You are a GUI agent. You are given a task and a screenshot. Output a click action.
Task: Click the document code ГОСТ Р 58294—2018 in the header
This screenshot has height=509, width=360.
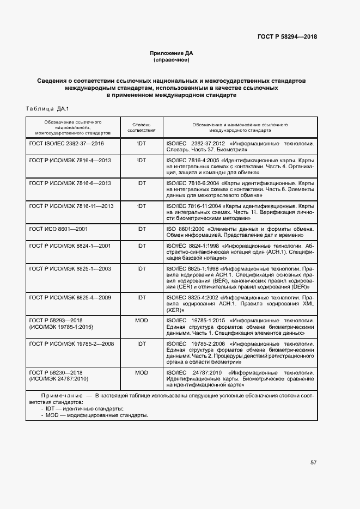(286, 37)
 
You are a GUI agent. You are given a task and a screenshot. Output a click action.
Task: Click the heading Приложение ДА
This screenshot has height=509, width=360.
(172, 53)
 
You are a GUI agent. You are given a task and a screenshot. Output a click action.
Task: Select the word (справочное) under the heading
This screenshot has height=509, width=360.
(172, 60)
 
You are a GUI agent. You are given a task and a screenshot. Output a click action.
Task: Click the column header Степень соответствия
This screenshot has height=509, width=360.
(142, 127)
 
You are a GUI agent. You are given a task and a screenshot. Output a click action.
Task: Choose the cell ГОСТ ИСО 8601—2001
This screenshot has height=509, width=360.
(58, 229)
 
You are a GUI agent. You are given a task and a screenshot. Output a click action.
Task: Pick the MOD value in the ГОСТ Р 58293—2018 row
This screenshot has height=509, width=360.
(142, 321)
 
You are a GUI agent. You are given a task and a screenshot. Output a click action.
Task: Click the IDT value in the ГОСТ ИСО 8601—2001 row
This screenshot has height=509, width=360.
(142, 229)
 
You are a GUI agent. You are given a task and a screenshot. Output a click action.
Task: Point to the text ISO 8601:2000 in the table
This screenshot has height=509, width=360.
(185, 229)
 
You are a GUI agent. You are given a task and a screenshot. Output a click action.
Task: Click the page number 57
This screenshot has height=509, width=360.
(313, 463)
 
